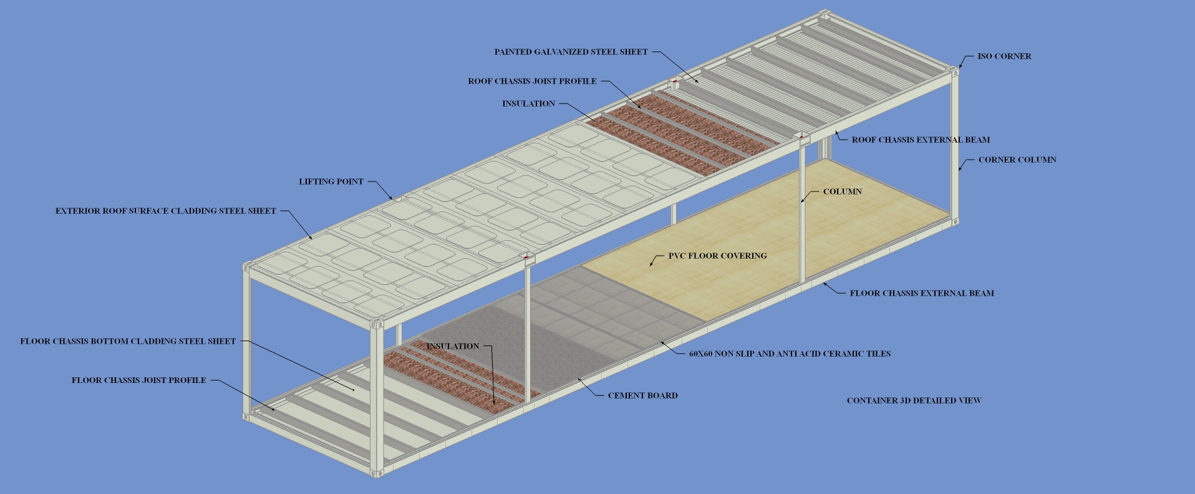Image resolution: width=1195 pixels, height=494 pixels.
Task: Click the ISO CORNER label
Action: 1004,56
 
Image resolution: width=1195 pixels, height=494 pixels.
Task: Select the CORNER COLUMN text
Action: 1017,160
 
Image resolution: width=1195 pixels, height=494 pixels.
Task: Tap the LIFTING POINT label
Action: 331,182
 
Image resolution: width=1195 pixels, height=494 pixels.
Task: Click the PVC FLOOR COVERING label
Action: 717,256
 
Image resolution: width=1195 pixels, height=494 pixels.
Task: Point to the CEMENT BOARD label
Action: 642,395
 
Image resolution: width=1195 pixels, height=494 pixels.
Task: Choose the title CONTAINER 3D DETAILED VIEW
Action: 914,400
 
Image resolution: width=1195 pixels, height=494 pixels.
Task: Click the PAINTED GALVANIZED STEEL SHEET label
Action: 571,52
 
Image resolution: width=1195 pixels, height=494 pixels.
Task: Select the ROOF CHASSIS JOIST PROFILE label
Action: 532,81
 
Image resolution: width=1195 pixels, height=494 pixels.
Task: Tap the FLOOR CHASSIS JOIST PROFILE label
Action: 138,380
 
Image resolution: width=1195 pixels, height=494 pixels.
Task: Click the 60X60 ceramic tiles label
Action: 790,354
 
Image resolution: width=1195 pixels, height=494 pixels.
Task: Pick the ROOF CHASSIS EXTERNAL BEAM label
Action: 921,140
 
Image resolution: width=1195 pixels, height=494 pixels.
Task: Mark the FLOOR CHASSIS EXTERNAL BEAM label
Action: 922,293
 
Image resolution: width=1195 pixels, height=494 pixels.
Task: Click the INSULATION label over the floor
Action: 453,346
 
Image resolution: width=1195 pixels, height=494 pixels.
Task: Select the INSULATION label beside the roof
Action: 528,104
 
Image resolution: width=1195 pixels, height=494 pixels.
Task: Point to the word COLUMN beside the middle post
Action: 842,191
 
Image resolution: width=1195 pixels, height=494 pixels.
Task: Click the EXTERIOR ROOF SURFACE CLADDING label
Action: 165,211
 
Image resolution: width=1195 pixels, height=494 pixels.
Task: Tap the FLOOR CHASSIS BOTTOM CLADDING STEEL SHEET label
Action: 128,341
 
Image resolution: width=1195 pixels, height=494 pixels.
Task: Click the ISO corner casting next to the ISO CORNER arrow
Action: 954,71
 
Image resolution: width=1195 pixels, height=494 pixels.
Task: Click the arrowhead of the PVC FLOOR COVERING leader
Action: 651,265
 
